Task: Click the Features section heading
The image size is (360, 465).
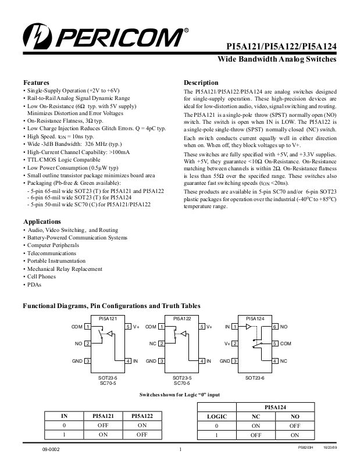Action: tap(36, 83)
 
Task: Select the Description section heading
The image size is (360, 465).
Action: tap(201, 83)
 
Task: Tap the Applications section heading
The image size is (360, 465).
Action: tap(42, 221)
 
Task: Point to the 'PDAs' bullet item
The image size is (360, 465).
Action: tap(34, 284)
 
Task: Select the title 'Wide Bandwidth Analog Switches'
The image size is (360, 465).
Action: tap(277, 59)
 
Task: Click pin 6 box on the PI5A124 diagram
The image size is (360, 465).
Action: tap(275, 327)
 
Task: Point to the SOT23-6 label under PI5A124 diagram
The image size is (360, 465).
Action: tap(255, 378)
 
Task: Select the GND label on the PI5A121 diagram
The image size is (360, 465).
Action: tap(77, 361)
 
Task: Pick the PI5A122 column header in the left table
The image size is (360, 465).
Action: tap(142, 416)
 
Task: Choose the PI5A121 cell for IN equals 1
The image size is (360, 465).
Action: tap(103, 435)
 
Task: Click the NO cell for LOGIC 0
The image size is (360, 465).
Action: tap(295, 426)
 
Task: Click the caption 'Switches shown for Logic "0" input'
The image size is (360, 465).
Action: tap(180, 395)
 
